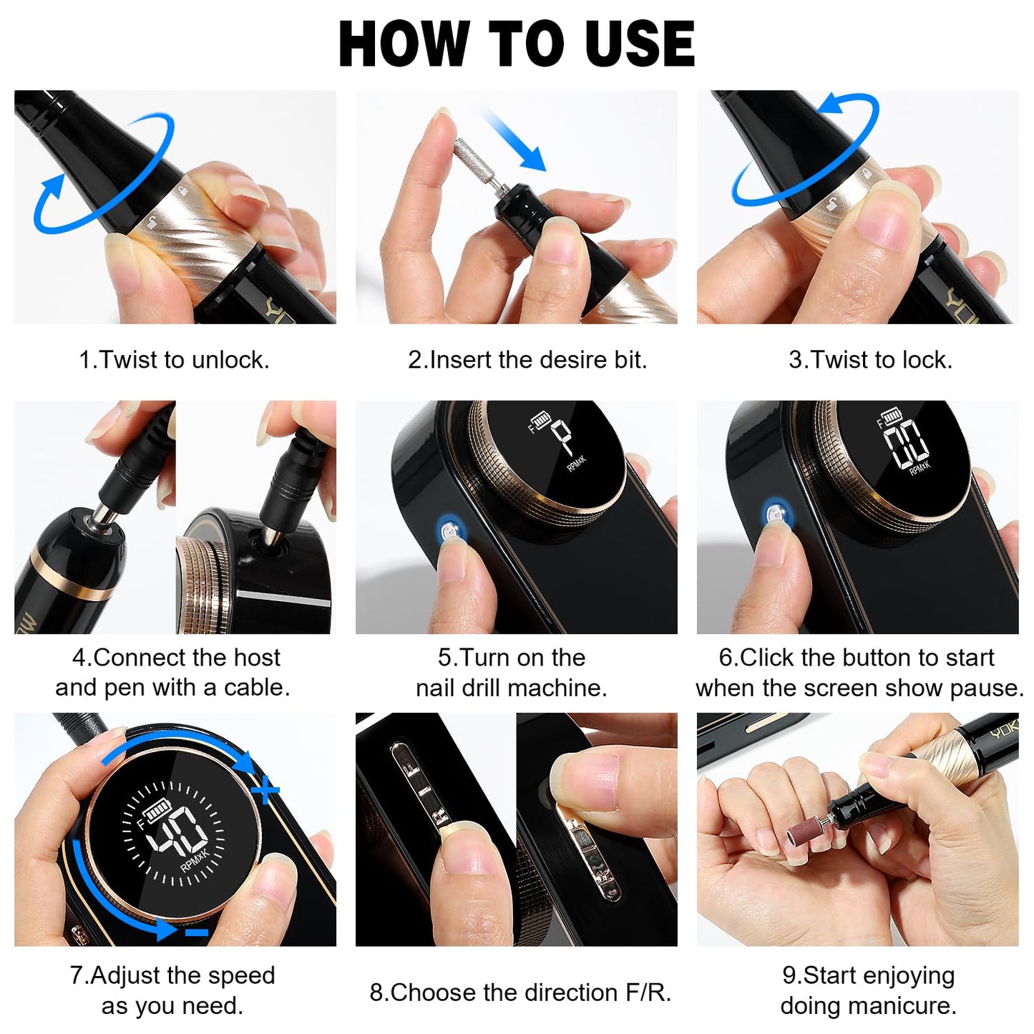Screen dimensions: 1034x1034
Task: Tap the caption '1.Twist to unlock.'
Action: click(174, 359)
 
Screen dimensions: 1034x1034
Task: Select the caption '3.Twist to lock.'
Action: click(870, 359)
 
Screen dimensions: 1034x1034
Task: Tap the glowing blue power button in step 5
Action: click(449, 532)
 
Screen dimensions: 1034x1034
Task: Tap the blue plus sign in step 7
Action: click(265, 791)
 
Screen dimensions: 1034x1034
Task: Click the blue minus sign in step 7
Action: click(196, 932)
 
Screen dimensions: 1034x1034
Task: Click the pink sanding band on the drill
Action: click(802, 834)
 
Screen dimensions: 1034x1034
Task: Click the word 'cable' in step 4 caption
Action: click(254, 687)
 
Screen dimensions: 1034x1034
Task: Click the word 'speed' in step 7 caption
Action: click(241, 975)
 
